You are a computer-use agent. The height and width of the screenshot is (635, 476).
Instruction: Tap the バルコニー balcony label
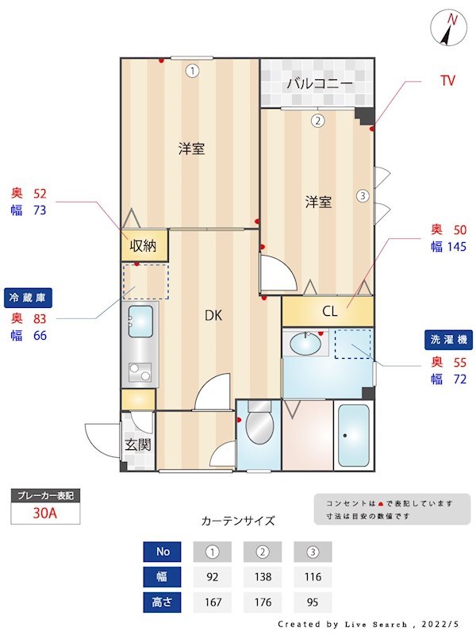(320, 83)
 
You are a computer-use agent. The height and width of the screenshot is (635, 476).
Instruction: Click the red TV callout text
(447, 81)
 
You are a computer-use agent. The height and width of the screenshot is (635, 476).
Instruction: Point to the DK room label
(213, 315)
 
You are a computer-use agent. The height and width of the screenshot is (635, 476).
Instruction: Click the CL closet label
(329, 311)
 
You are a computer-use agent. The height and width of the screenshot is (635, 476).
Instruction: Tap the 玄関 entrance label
(137, 444)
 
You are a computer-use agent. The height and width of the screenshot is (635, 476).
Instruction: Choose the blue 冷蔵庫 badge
(29, 297)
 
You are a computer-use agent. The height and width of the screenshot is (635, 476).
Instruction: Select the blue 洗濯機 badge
(449, 339)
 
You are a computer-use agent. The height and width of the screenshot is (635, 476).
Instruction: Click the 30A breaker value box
(45, 513)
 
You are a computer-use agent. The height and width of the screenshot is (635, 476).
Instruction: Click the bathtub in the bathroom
(353, 436)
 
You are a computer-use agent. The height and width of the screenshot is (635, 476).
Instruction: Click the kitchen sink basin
(141, 321)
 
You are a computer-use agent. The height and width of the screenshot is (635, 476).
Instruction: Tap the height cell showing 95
(313, 602)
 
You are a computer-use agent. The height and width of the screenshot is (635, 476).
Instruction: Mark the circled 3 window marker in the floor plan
(362, 194)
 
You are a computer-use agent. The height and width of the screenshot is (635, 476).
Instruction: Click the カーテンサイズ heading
(238, 521)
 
